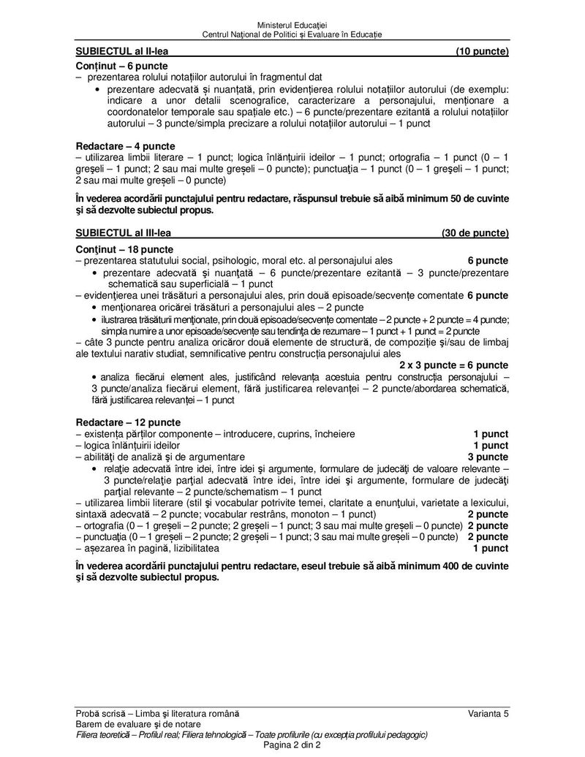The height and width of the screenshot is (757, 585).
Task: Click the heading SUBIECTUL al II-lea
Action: (x=127, y=52)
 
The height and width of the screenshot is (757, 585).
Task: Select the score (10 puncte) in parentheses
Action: (x=482, y=52)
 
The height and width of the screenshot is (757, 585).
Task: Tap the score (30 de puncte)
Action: (x=475, y=233)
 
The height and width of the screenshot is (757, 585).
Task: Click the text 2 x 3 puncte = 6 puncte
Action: (x=453, y=365)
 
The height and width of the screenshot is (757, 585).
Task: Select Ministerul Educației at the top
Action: (x=292, y=26)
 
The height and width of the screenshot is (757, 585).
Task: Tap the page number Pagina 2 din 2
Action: (x=292, y=745)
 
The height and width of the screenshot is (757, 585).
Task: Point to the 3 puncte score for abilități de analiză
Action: (x=488, y=457)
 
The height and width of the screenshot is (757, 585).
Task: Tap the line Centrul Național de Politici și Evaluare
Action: (x=292, y=35)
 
